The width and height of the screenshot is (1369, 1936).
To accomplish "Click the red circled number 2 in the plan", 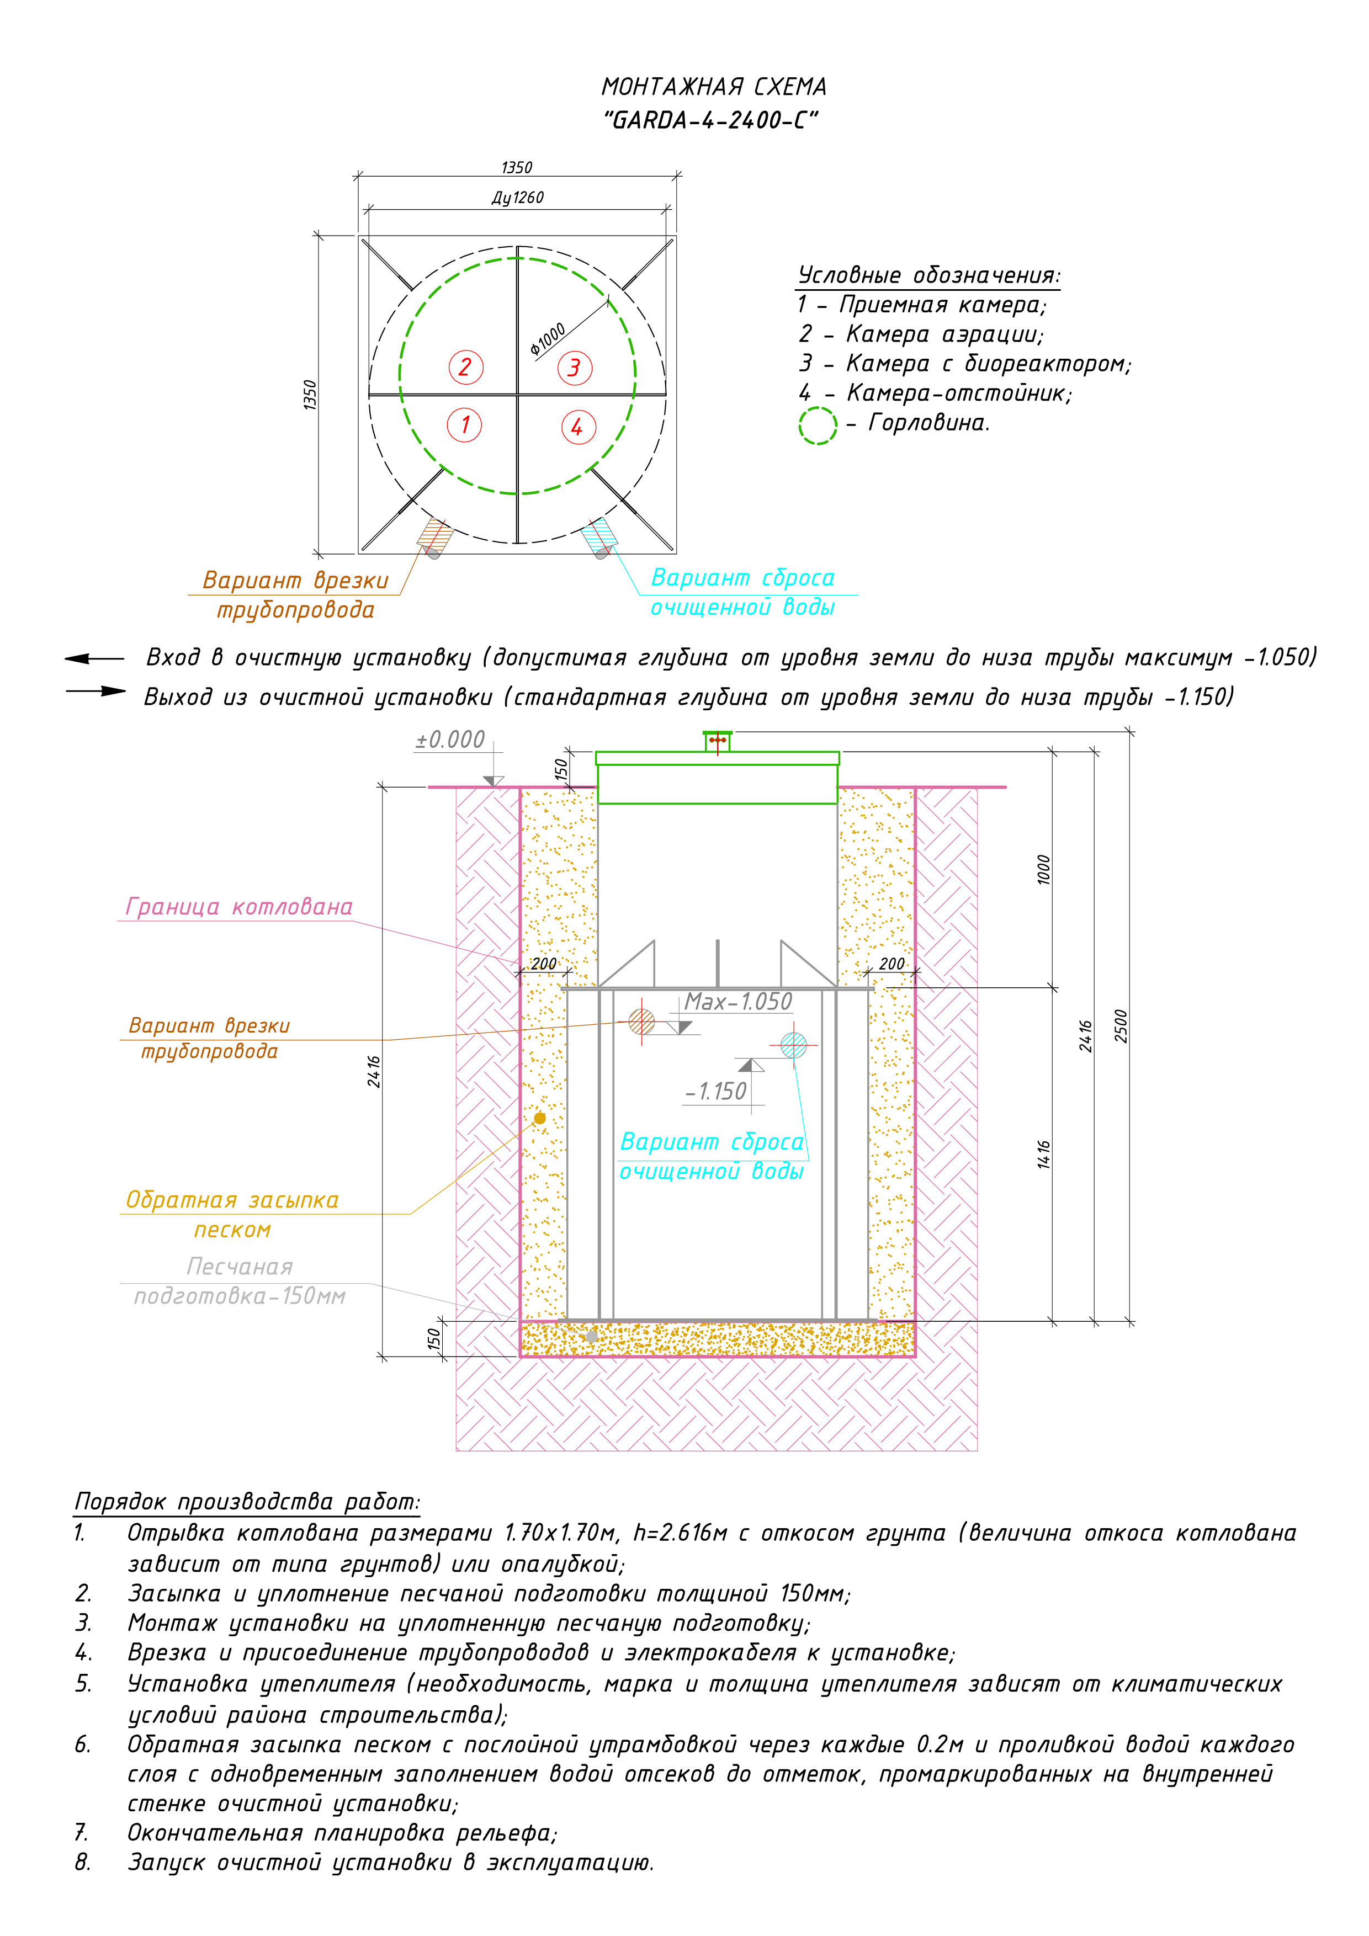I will [x=465, y=368].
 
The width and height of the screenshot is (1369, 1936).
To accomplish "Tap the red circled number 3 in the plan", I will [x=575, y=368].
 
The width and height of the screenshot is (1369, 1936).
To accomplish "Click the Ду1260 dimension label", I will [x=517, y=198].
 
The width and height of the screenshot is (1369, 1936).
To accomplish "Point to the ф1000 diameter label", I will [x=548, y=338].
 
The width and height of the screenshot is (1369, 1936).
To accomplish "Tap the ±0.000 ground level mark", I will [x=450, y=740].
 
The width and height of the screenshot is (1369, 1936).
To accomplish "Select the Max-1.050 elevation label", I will [x=738, y=1002].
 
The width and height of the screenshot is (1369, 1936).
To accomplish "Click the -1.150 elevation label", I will [x=716, y=1092].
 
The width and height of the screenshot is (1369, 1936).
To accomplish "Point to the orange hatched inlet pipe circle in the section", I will [x=642, y=1022].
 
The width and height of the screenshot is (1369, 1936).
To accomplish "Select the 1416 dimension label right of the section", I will [x=1044, y=1155].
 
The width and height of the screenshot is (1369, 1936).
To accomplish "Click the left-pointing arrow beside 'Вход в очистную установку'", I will [x=94, y=658].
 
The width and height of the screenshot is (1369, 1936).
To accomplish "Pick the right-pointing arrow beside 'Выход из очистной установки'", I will [x=96, y=692].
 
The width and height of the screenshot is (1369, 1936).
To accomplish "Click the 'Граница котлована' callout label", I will [x=238, y=907].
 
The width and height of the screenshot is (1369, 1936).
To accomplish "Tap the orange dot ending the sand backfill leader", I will [x=540, y=1118].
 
